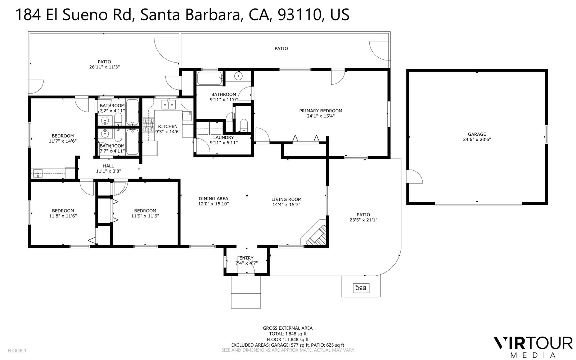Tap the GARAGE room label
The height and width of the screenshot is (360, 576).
[477, 134]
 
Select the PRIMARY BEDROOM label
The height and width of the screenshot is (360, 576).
[320, 111]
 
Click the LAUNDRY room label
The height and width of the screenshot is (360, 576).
[223, 138]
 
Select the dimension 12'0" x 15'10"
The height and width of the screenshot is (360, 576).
[213, 204]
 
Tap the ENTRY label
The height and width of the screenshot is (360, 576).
[246, 258]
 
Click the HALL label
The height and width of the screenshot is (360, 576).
[108, 166]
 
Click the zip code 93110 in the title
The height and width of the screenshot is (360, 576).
[300, 15]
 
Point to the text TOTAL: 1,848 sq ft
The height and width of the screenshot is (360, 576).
[287, 334]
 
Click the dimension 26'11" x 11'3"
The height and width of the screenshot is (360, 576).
[104, 67]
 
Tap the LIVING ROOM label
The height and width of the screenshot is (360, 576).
[286, 199]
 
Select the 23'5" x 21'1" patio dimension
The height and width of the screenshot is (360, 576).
[363, 220]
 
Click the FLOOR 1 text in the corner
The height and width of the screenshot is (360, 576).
[17, 350]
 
